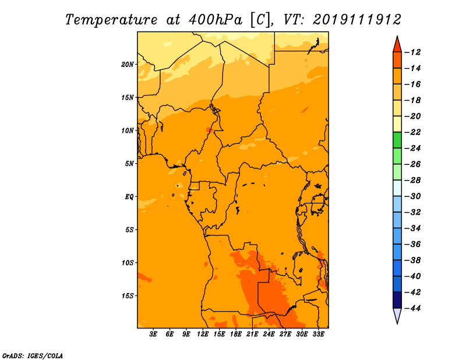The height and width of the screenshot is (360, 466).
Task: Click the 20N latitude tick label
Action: click(x=128, y=65)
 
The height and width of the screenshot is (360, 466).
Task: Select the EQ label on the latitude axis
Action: click(x=129, y=197)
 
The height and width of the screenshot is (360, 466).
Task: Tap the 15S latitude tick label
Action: click(x=128, y=296)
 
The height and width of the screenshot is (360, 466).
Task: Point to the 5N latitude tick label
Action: click(x=129, y=164)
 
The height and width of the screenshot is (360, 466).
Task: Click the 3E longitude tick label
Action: click(x=153, y=334)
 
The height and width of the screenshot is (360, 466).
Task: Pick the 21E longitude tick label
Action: click(x=252, y=334)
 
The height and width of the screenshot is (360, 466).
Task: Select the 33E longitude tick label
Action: click(x=318, y=334)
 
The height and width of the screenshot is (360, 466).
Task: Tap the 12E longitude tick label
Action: click(x=203, y=334)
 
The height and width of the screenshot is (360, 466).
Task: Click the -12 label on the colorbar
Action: click(x=413, y=52)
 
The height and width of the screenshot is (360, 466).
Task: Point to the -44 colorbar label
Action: click(x=413, y=308)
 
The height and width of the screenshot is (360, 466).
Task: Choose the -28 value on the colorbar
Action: click(x=413, y=181)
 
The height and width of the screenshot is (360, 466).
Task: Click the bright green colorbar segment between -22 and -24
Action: click(x=397, y=140)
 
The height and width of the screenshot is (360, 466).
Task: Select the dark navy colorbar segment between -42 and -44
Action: click(x=397, y=300)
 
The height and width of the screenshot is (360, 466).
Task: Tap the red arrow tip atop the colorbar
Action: click(x=397, y=37)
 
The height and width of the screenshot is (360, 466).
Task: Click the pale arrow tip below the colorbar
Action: click(x=397, y=323)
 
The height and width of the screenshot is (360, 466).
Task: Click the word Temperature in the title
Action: click(x=111, y=20)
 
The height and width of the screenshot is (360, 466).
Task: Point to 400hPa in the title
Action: click(x=216, y=20)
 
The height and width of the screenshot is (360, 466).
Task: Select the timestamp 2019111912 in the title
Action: click(x=357, y=20)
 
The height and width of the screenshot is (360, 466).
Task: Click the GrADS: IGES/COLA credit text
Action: click(x=33, y=355)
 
